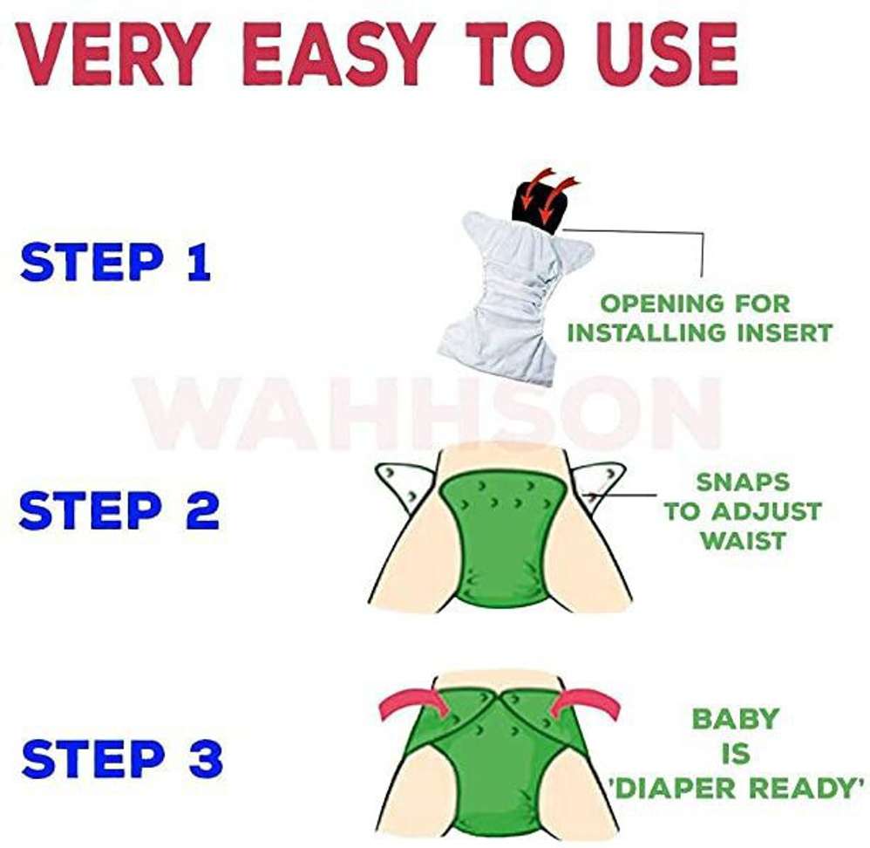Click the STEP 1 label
coord(116,263)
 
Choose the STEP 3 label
coord(122,759)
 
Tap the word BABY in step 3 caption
coord(735,719)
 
